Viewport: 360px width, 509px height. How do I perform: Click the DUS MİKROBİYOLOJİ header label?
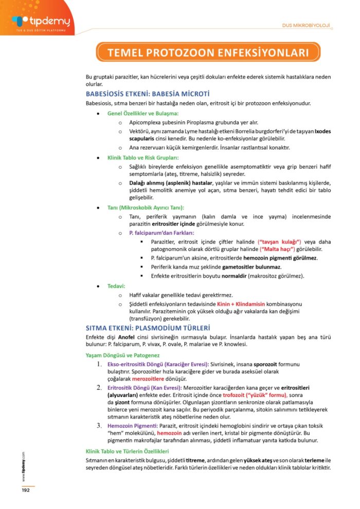(x=306, y=26)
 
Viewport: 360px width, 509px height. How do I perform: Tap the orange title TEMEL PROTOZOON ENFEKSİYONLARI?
(x=208, y=52)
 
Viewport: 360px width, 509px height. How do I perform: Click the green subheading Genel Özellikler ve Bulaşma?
(x=142, y=113)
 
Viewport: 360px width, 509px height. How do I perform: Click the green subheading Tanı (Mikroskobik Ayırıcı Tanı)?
(x=145, y=208)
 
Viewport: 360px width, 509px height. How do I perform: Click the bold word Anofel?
(x=127, y=337)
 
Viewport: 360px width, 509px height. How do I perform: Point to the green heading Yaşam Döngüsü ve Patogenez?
(x=122, y=355)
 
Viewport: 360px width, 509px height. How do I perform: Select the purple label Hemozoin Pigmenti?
(x=132, y=426)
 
